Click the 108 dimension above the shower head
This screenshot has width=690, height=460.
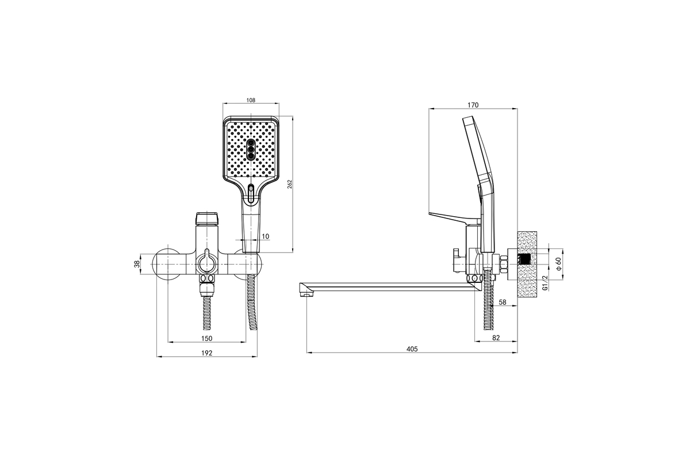pyautogui.click(x=251, y=100)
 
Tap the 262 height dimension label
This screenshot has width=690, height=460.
pyautogui.click(x=289, y=184)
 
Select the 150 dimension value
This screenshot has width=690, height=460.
pyautogui.click(x=206, y=338)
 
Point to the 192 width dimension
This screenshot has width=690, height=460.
pyautogui.click(x=206, y=353)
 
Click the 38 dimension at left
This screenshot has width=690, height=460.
pyautogui.click(x=137, y=264)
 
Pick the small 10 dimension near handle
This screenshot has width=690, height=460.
pyautogui.click(x=265, y=236)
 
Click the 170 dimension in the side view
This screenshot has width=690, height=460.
pyautogui.click(x=473, y=105)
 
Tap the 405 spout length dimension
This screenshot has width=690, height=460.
pyautogui.click(x=412, y=349)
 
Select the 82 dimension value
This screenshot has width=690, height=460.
pyautogui.click(x=496, y=338)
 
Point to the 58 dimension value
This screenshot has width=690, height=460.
pyautogui.click(x=503, y=302)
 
